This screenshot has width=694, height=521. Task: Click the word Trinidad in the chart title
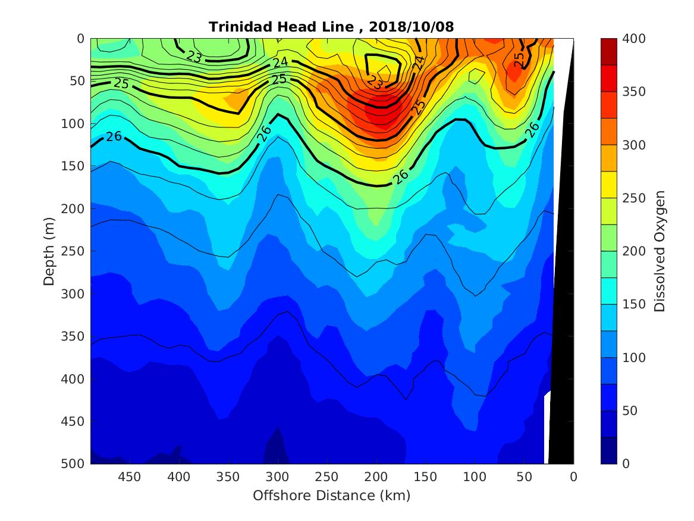click(236, 27)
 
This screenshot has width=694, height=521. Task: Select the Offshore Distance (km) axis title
click(332, 495)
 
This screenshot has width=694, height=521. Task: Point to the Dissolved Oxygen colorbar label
click(659, 251)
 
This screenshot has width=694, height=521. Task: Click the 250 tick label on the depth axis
click(75, 251)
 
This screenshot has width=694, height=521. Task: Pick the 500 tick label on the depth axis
click(75, 464)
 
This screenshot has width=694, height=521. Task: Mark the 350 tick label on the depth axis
click(75, 336)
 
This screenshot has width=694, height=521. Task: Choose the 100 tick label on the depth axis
click(75, 124)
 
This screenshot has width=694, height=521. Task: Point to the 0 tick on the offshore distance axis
click(573, 477)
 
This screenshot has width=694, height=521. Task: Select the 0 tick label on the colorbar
click(626, 464)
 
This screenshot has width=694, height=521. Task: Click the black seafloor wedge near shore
click(561, 298)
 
